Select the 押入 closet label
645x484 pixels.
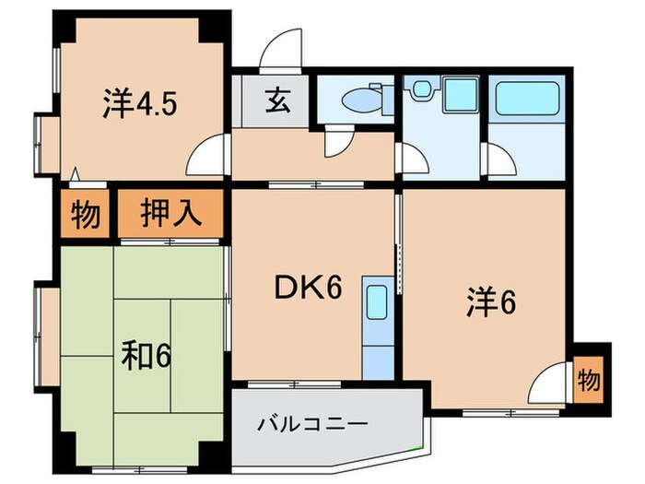pos(170,215)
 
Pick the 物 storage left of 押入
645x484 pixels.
pos(85,215)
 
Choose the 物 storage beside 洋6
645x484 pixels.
pos(588,378)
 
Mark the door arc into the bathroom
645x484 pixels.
pos(500,162)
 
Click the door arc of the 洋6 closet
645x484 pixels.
pos(552,382)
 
